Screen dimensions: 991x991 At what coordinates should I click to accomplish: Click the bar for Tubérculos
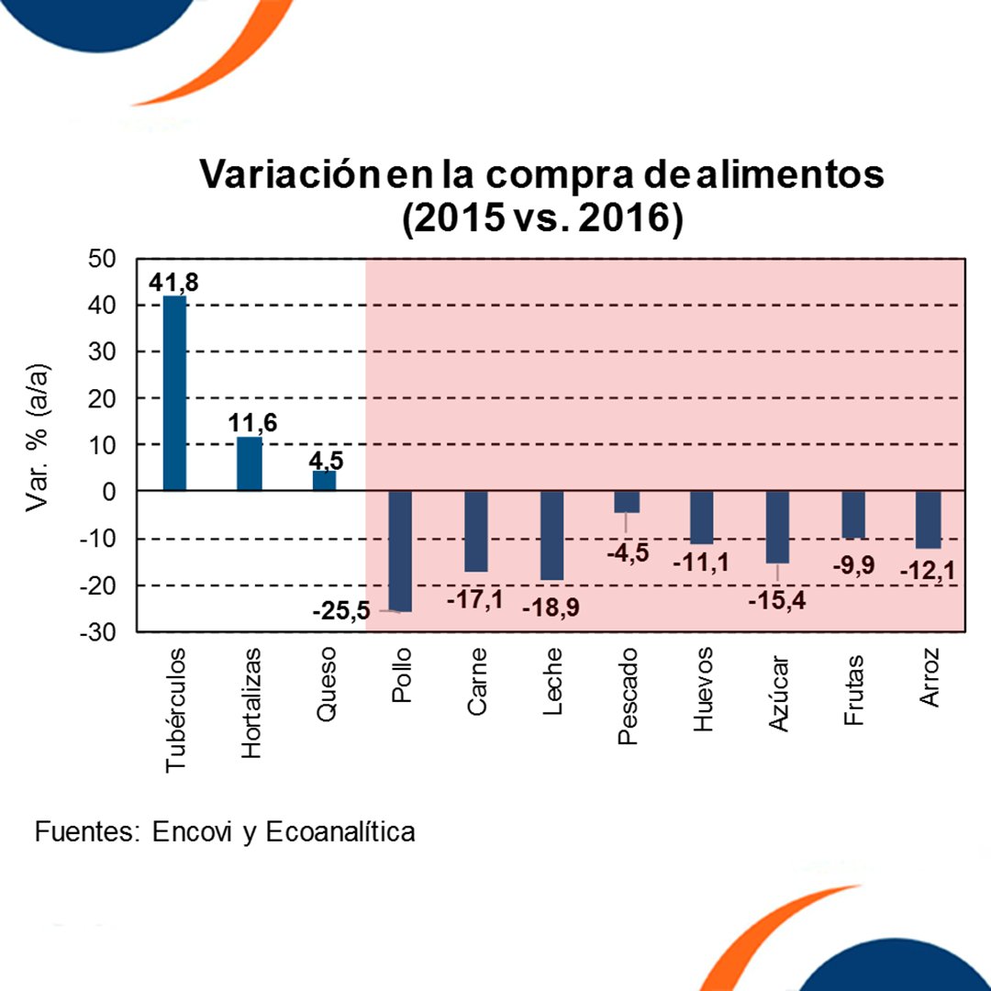click(x=174, y=394)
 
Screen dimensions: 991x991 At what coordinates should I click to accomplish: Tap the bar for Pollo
click(x=400, y=551)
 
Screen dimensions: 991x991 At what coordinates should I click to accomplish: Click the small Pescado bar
click(x=628, y=502)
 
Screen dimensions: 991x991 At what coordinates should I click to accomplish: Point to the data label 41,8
click(x=173, y=281)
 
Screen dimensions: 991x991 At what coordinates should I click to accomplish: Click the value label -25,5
click(x=340, y=610)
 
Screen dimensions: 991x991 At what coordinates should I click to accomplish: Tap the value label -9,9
click(x=852, y=566)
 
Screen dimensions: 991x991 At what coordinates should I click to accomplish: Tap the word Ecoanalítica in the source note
click(x=340, y=832)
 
